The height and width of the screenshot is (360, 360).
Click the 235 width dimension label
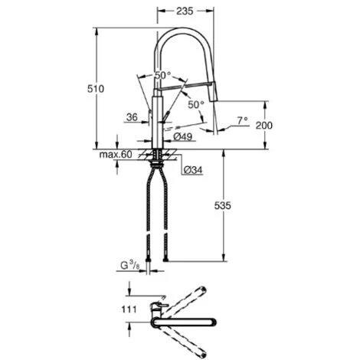[185, 11]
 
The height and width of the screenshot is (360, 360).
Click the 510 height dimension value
[96, 89]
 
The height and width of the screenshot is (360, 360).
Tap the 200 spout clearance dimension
[264, 126]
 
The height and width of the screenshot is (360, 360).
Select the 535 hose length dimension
[222, 205]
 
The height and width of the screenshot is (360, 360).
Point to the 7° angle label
[242, 120]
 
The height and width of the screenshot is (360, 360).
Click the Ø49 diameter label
[183, 137]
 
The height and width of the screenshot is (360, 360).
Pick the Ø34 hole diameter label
[193, 170]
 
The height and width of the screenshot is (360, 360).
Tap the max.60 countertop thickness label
[116, 155]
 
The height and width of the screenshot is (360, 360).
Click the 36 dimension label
[132, 117]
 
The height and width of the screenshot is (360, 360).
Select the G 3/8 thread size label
[130, 266]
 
